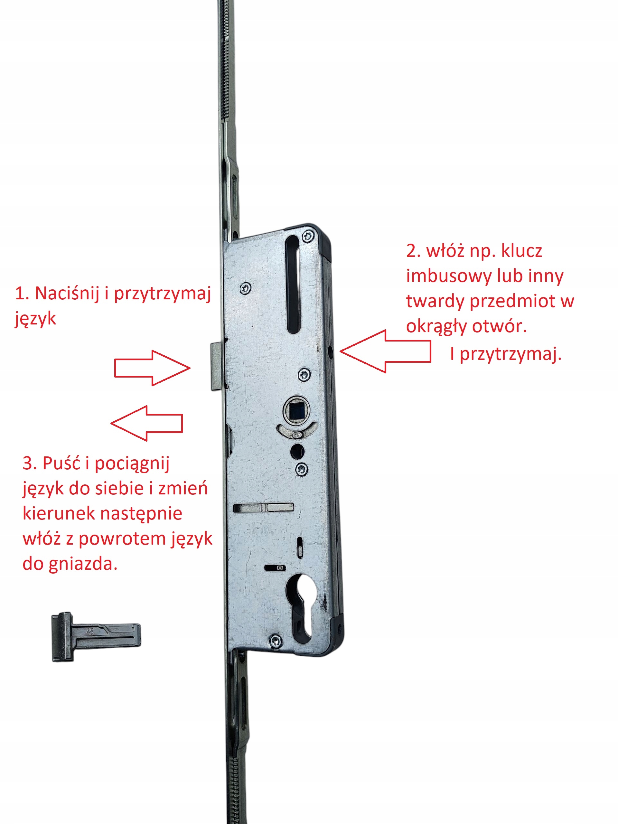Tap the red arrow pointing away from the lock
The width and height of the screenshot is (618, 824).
147,423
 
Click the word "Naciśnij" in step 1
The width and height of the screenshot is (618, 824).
67,294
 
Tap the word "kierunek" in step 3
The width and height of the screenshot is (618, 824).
59,513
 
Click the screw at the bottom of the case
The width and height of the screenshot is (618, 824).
275,641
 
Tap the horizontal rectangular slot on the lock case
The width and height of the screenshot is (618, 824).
263,507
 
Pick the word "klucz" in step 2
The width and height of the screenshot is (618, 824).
521,251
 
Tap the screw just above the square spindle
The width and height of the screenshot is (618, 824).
305,374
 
